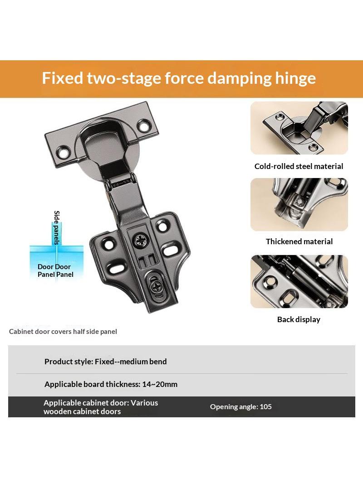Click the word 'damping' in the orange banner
[x=239, y=78]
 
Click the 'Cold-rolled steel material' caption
[x=299, y=166]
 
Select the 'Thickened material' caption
[x=299, y=241]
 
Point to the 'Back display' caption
[x=299, y=319]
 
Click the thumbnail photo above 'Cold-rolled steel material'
[x=299, y=128]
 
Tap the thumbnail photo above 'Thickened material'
[x=299, y=204]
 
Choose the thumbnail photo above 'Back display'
[x=299, y=281]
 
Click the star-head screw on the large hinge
[x=141, y=240]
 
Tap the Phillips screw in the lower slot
[x=156, y=287]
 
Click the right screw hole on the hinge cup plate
[x=143, y=126]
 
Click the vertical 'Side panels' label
[x=57, y=227]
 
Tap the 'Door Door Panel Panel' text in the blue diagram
[x=55, y=270]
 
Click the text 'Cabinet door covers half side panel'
[x=63, y=332]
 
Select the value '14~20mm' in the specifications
[x=160, y=384]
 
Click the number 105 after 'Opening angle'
[x=265, y=406]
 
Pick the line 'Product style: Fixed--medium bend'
[x=105, y=362]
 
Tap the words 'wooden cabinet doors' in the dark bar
[x=82, y=411]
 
